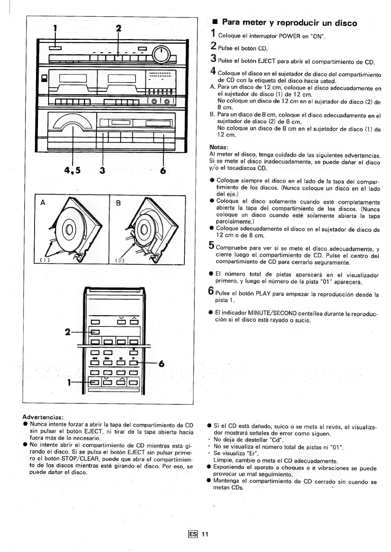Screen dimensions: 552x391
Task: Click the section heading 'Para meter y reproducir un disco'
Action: (289, 23)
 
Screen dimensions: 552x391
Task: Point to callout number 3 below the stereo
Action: (102, 170)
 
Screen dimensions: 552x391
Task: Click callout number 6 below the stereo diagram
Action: (163, 170)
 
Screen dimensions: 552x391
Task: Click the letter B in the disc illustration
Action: (118, 203)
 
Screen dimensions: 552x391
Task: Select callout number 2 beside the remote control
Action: (67, 332)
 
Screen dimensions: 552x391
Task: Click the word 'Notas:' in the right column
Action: (218, 147)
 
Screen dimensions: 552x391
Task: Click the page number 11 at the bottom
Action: (205, 534)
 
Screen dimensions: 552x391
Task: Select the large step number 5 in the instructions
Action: (212, 247)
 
